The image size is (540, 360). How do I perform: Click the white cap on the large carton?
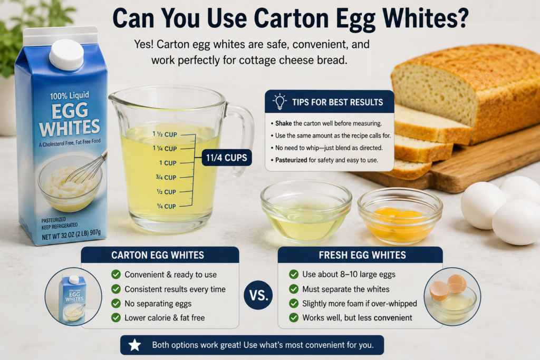click(x=66, y=54)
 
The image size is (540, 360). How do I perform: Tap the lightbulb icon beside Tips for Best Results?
click(x=279, y=102)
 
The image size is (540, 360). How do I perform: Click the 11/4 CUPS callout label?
click(x=227, y=158)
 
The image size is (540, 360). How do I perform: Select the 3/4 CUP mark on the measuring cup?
click(x=166, y=177)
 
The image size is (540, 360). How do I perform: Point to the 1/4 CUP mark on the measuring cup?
click(x=166, y=206)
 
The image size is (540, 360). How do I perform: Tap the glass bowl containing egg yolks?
click(x=400, y=216)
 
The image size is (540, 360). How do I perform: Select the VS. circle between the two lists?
click(x=258, y=295)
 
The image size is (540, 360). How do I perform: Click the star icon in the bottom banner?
click(x=134, y=345)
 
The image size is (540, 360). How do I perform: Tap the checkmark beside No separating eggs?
click(x=116, y=303)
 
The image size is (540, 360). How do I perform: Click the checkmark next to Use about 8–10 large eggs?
click(x=294, y=274)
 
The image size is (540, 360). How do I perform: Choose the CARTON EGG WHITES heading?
click(x=158, y=255)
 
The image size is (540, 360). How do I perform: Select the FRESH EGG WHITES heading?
click(x=362, y=255)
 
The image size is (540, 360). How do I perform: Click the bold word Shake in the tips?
click(x=283, y=123)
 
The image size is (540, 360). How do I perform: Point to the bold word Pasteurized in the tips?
click(x=291, y=160)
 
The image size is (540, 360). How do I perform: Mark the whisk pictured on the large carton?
click(x=86, y=169)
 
